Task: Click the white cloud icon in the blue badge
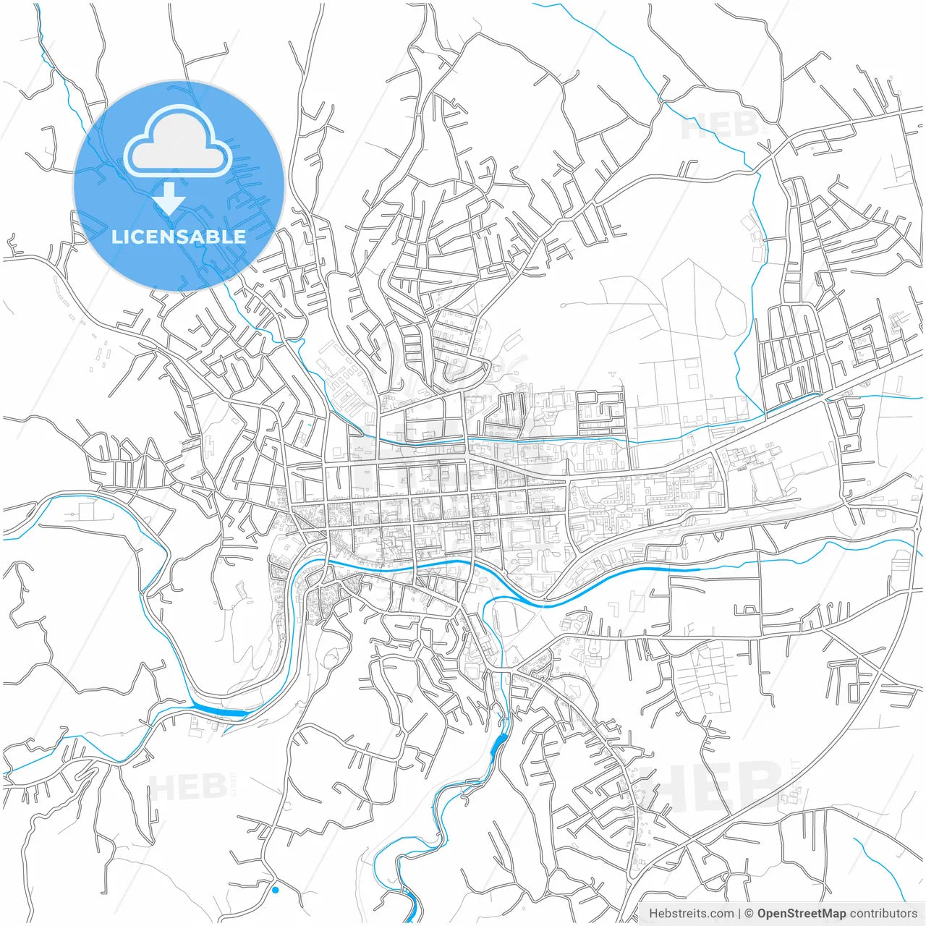178,142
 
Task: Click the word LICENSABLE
178,237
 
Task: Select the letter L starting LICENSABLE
116,237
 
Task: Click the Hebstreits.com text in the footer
691,914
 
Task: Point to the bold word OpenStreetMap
801,914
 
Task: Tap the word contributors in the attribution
883,914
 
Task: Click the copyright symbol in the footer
749,914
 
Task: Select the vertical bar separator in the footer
739,914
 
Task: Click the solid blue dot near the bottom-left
275,890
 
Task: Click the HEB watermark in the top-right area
720,127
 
